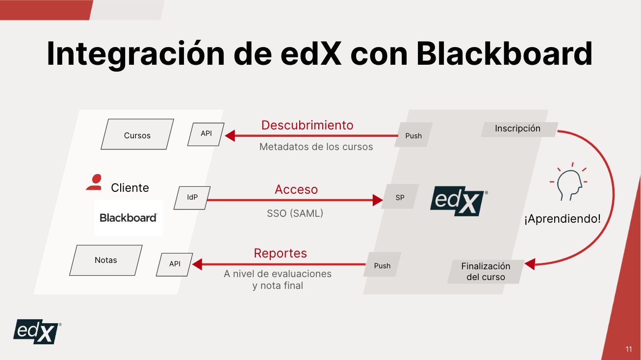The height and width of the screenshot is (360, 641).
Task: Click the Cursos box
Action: click(x=137, y=134)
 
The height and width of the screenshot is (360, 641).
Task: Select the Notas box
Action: click(x=106, y=260)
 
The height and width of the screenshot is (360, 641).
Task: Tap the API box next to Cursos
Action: click(x=206, y=134)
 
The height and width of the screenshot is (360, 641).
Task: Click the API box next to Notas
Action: click(x=175, y=264)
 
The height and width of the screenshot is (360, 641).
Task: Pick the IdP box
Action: click(x=192, y=198)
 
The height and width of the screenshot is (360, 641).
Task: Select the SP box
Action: click(x=400, y=196)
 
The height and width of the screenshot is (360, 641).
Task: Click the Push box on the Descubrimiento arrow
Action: click(x=413, y=135)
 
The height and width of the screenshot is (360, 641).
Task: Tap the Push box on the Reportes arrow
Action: click(x=383, y=264)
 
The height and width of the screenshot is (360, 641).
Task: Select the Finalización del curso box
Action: click(x=486, y=272)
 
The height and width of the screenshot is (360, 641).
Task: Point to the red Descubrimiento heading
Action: click(x=308, y=126)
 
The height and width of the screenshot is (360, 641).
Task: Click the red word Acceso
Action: click(x=296, y=189)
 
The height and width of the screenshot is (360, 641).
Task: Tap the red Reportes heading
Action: click(x=280, y=253)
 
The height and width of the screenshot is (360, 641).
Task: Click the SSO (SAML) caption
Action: click(x=295, y=213)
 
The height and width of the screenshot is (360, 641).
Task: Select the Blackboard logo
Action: click(x=128, y=218)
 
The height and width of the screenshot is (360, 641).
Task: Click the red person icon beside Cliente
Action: click(x=94, y=182)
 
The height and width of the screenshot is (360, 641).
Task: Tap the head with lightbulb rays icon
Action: click(x=568, y=181)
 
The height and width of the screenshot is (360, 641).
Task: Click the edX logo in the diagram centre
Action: click(x=459, y=201)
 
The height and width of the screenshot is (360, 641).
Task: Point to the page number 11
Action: click(x=629, y=349)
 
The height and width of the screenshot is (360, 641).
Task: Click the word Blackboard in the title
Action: click(x=504, y=54)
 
